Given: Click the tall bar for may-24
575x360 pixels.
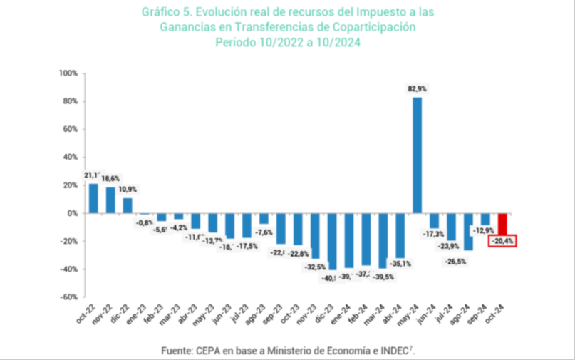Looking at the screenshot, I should [x=418, y=155].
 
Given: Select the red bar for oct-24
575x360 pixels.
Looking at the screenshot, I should [x=502, y=223].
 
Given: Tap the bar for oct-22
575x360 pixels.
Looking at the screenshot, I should [x=93, y=198].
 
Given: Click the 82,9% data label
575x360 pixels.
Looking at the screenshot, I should [x=417, y=88].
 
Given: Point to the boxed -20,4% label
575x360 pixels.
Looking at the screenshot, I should [x=502, y=242].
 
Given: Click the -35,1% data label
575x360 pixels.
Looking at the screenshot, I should [x=400, y=263].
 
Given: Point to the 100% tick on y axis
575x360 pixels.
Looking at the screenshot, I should [x=68, y=73].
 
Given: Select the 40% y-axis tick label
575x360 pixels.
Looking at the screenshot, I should [x=69, y=158].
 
